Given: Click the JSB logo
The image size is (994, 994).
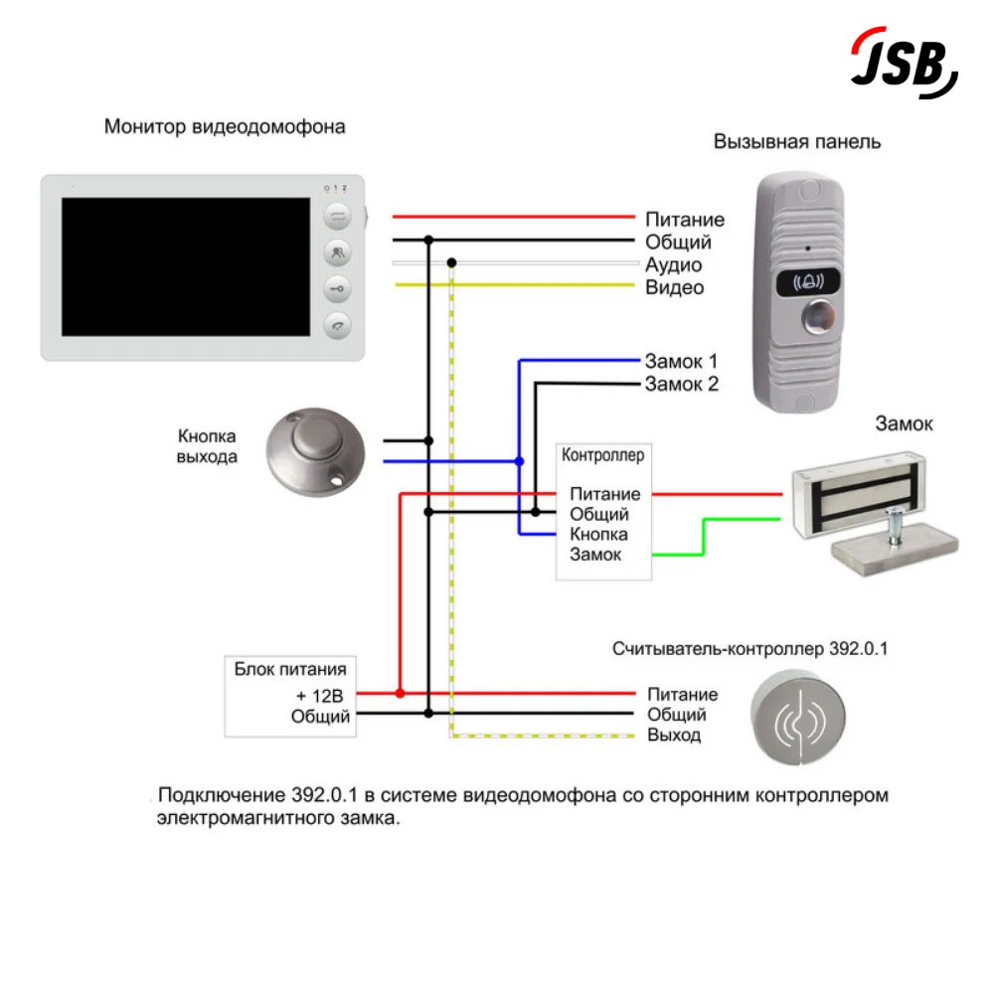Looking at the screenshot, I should pos(903,63).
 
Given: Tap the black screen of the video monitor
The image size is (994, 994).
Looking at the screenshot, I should pos(186,266).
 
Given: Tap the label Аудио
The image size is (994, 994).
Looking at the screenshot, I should pos(673,265).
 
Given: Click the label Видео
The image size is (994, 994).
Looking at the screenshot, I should pos(674,288).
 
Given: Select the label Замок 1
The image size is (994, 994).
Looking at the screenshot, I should pos(681,362).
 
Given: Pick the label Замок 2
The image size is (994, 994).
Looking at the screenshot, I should pos(681,384).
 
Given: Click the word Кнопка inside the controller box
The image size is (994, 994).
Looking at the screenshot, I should pos(598,535).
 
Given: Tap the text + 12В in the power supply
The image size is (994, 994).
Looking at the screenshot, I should pos(319,695).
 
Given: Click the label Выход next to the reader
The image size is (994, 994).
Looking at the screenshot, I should pos(674,736).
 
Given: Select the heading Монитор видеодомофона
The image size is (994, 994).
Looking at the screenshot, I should pos(225,127).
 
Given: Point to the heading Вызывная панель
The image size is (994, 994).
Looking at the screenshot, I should pos(797,141).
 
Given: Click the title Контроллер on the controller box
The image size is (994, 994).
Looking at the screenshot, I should pos(602,456).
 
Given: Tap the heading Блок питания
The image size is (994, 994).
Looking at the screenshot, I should pos(290,669).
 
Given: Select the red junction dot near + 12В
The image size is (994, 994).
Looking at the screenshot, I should pos(400,693).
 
